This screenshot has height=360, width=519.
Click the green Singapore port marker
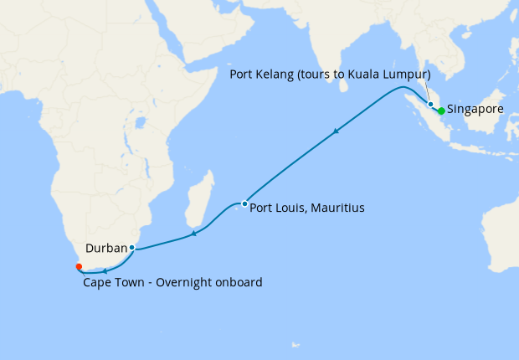(x=441, y=111)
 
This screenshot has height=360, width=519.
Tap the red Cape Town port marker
(x=79, y=266)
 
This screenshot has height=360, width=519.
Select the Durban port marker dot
(x=132, y=248)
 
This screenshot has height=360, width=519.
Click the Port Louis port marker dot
(x=244, y=203)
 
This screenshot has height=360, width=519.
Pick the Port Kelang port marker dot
(x=430, y=105)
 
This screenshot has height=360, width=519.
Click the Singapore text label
(x=475, y=110)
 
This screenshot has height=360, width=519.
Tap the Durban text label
(x=105, y=248)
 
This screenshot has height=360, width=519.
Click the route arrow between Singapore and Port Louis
(x=337, y=131)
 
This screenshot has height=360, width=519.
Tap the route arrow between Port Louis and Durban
(x=193, y=233)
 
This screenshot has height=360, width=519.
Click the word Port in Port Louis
(x=263, y=207)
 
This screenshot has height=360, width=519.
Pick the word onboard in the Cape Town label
(x=236, y=283)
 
